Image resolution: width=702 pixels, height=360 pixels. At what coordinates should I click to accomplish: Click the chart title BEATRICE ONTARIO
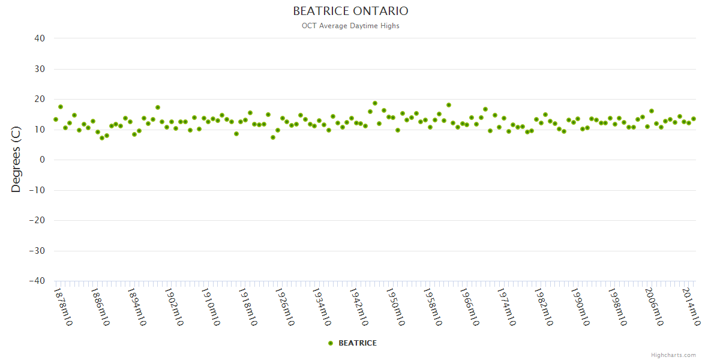pos(350,11)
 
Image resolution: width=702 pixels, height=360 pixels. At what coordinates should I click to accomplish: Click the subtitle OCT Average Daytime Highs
pos(350,26)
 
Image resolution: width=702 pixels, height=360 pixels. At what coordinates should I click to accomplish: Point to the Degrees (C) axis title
pos(16,160)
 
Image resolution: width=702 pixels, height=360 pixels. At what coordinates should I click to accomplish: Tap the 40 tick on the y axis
pos(40,38)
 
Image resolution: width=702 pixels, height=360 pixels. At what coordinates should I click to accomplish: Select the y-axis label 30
pos(40,69)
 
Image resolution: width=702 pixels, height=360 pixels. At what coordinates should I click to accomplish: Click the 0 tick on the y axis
pos(43,160)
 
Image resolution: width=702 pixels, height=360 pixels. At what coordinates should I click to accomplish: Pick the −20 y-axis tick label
pos(37,220)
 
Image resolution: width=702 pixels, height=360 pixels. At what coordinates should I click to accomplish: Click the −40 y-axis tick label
pos(37,281)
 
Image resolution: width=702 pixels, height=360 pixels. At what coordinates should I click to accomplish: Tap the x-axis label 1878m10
pos(63,307)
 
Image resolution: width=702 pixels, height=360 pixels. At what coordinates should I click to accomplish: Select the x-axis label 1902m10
pos(173,307)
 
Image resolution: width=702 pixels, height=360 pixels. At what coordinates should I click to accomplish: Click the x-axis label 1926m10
pos(284,307)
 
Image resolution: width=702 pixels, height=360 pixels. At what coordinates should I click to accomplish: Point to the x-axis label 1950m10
pos(395,307)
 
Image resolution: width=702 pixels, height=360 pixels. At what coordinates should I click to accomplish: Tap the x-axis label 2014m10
pos(690,307)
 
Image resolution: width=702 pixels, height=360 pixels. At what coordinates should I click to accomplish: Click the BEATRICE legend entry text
pos(358,343)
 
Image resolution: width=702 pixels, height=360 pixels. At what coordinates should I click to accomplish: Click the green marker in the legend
pos(331,343)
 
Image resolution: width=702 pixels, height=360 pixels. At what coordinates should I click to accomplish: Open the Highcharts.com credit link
pos(673,355)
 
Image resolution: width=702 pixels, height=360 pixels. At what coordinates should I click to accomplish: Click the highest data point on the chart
pos(375,103)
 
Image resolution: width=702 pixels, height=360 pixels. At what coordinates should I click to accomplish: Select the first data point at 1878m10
pos(56,119)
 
